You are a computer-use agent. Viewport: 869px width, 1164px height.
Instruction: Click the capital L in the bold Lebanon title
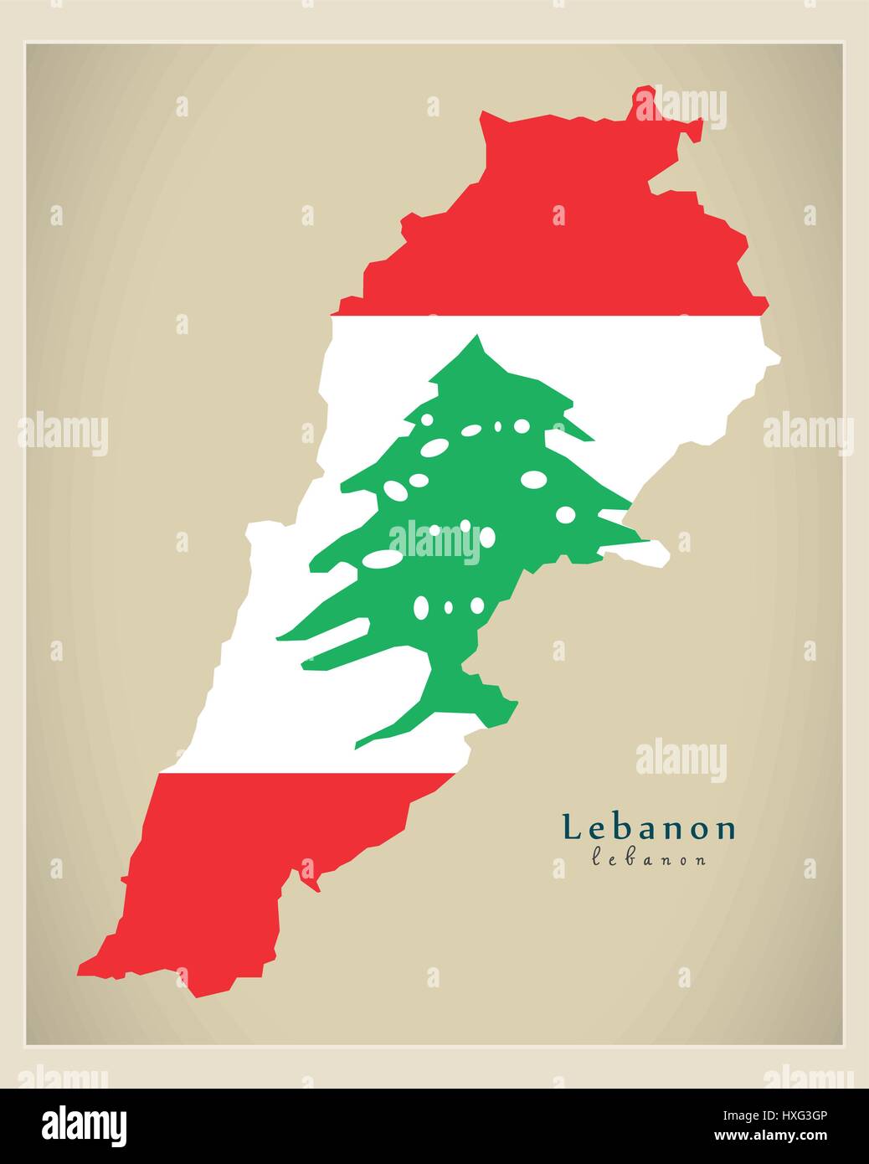573,828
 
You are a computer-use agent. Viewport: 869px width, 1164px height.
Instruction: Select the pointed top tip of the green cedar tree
478,336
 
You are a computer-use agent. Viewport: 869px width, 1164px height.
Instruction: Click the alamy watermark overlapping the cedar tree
434,540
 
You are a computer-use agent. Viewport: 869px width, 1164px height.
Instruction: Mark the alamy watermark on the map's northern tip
680,108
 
